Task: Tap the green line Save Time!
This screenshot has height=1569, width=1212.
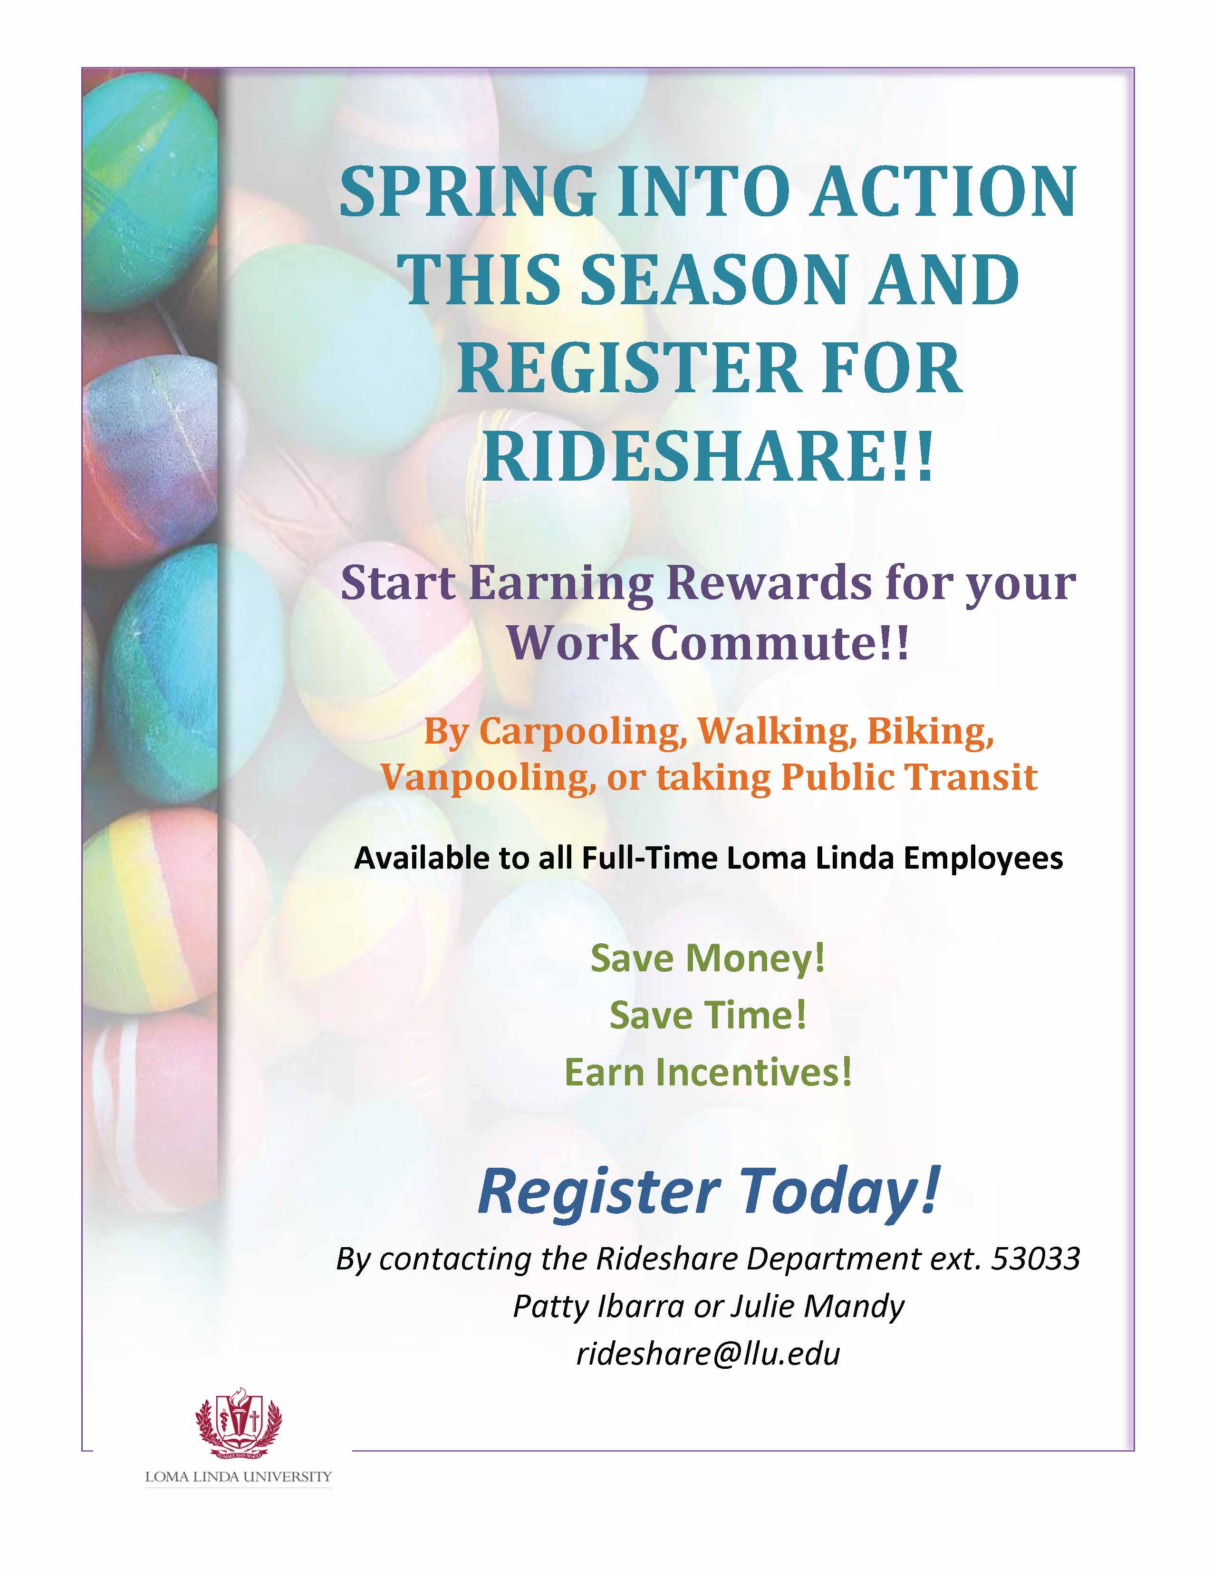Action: coord(708,1015)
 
